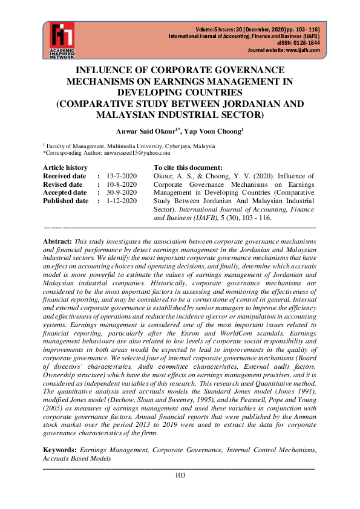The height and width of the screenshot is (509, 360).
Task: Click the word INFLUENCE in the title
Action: click(107, 70)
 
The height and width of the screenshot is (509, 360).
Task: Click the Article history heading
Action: click(65, 167)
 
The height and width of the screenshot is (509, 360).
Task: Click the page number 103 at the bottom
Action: click(180, 475)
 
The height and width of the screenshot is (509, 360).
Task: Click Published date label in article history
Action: click(65, 201)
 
